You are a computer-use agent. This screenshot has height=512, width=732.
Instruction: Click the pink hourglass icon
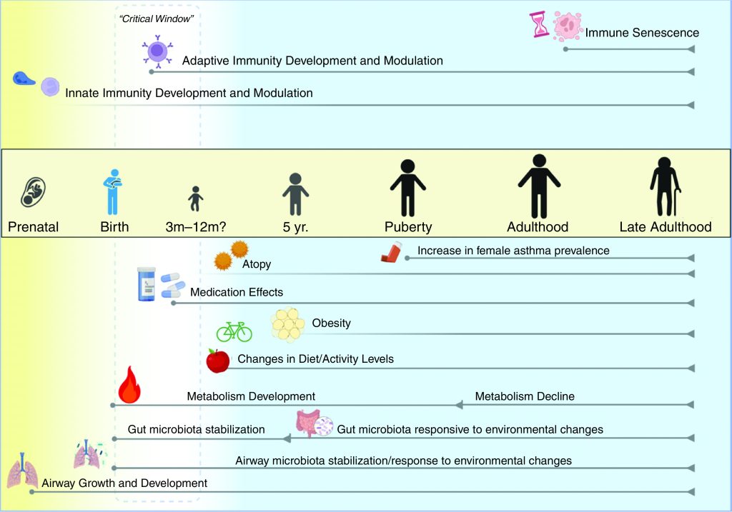[x=539, y=25]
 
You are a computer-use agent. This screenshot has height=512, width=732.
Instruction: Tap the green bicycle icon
[x=234, y=331]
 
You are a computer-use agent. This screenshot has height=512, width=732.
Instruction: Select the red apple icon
[x=218, y=361]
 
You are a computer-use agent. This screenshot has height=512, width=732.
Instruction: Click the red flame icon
[x=130, y=384]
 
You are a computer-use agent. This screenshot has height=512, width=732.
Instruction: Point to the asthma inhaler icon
[x=392, y=252]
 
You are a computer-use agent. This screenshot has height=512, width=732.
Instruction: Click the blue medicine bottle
[x=147, y=284]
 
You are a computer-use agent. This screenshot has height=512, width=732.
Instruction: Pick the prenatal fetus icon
[x=33, y=191]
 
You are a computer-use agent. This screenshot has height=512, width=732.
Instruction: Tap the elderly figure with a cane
[x=665, y=186]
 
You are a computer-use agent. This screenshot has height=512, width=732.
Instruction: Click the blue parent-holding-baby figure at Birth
[x=113, y=191]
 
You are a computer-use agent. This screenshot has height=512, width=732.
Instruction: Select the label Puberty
[x=408, y=227]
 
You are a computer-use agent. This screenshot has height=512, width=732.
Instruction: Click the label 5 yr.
[x=295, y=227]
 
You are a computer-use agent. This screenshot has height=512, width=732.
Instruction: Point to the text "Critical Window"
[x=157, y=19]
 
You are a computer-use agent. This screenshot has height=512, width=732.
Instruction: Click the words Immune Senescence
[x=642, y=33]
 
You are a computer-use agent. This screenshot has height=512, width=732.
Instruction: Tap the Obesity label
[x=332, y=323]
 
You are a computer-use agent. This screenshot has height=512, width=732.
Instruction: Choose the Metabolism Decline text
[x=525, y=396]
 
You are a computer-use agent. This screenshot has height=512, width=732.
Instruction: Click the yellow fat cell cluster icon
[x=287, y=324]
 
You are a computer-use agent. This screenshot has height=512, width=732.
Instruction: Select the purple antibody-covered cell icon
[x=157, y=51]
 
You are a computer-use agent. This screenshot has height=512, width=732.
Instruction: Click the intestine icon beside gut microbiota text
[x=307, y=423]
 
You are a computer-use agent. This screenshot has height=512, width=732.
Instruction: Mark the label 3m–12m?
[x=196, y=227]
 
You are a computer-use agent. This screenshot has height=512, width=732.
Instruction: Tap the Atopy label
[x=257, y=264]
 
